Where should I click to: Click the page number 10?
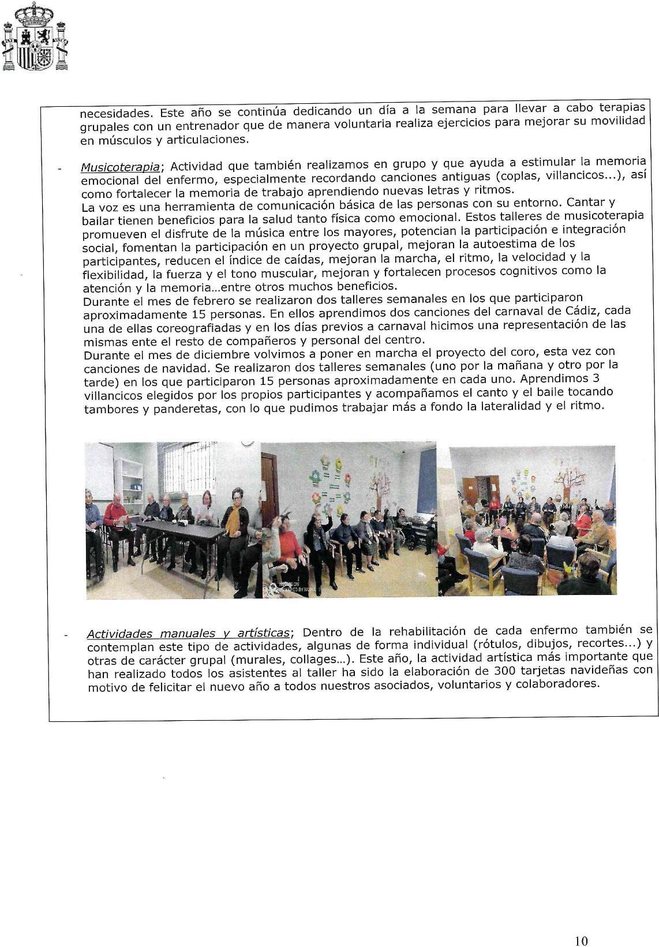582,924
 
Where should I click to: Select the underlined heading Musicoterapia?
120,167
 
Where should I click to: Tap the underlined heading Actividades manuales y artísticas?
188,633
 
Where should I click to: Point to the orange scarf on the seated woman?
232,519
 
